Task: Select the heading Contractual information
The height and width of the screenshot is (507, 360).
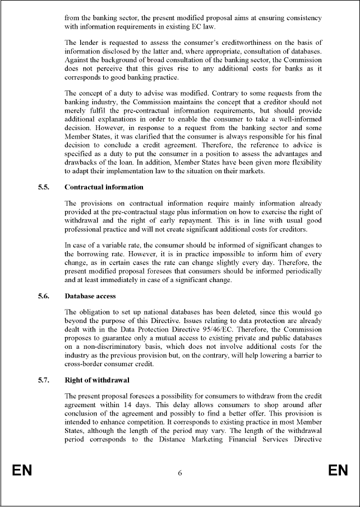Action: click(104, 187)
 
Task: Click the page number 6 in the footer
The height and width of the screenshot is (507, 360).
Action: click(180, 473)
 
